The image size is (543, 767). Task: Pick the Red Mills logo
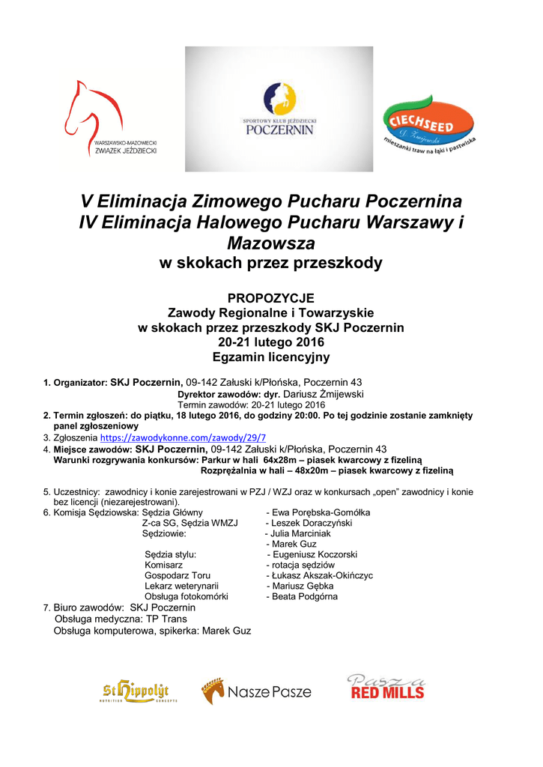click(x=386, y=688)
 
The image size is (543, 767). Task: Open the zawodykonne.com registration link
click(x=183, y=437)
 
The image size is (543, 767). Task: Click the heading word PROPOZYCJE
click(x=271, y=298)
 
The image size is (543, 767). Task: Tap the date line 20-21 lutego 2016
click(x=271, y=342)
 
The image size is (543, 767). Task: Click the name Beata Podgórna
click(x=305, y=596)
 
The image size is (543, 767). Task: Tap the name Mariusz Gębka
click(x=303, y=586)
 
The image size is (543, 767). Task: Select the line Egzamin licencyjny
click(x=271, y=357)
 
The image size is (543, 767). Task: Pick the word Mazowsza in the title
click(x=271, y=243)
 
